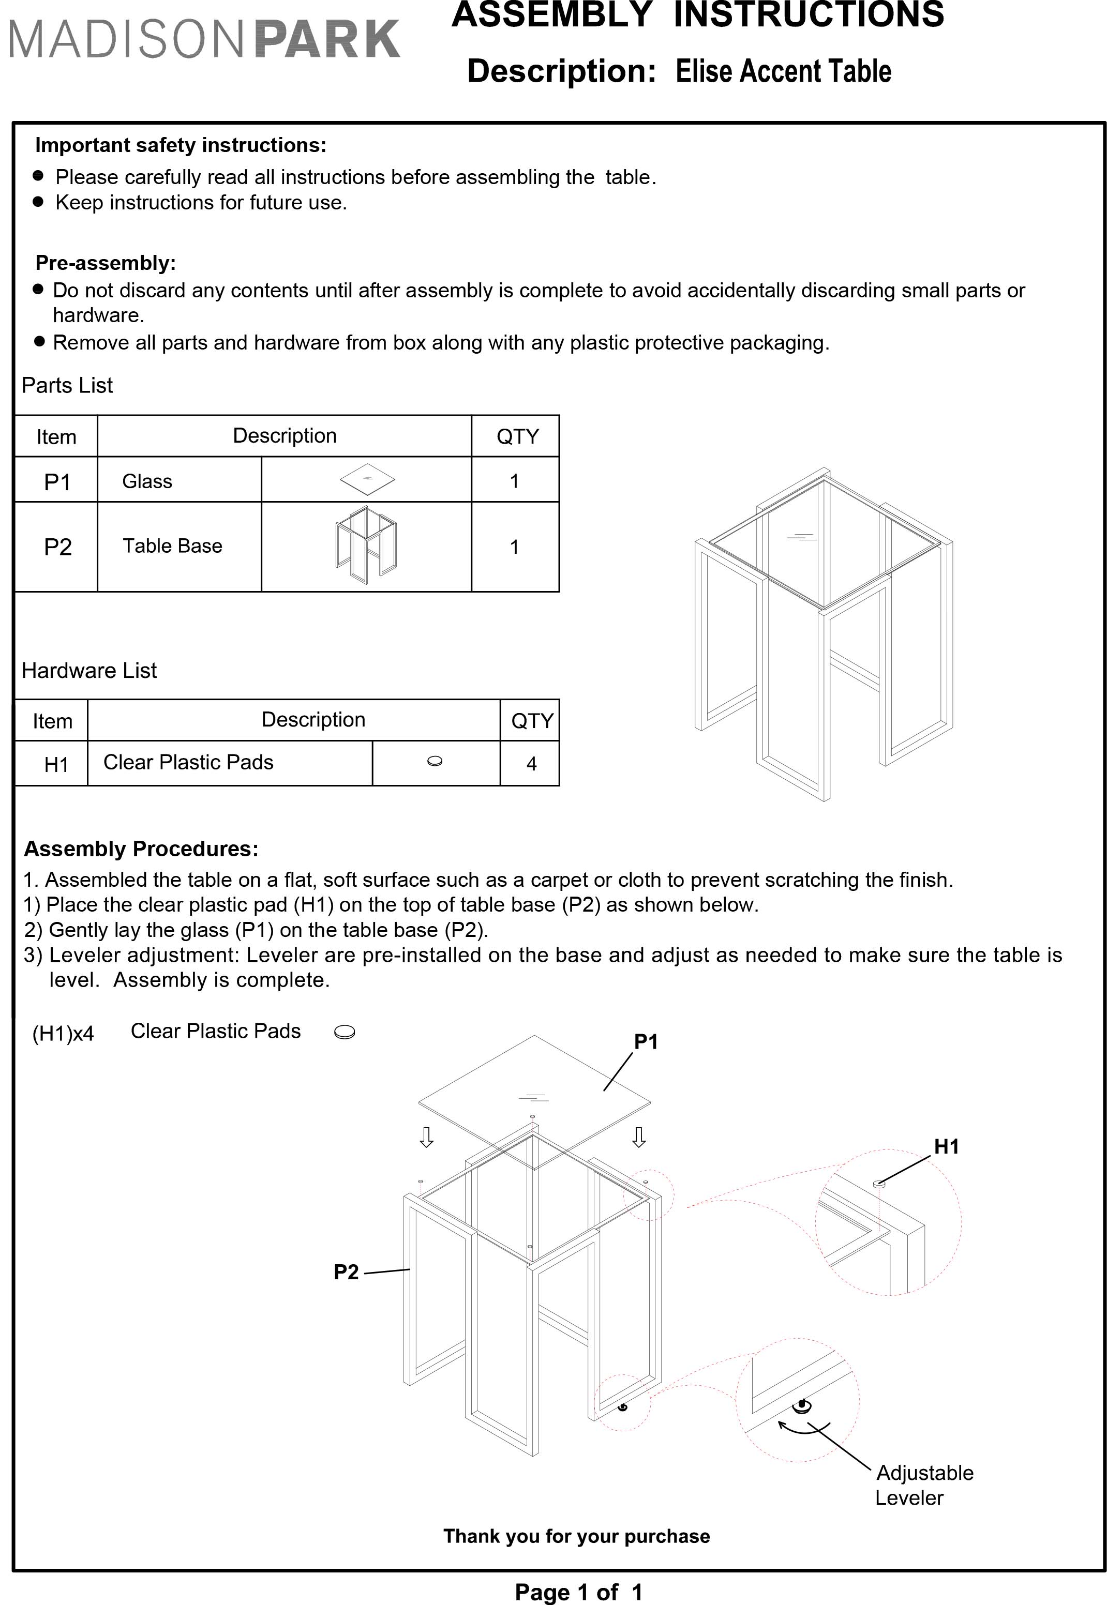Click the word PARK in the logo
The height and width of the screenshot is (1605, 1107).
pos(327,39)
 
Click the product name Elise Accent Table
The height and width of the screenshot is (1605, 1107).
pos(783,71)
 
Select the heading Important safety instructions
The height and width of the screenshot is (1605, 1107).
pos(181,145)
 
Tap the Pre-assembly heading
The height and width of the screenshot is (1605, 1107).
pos(106,263)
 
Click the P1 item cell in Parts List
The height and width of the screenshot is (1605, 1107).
pos(57,481)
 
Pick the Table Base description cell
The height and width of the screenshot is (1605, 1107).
pos(173,546)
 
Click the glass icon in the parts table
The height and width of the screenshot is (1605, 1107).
pos(367,478)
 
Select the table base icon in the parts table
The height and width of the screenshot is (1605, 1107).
pos(366,546)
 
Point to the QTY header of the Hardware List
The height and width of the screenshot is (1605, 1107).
pos(531,721)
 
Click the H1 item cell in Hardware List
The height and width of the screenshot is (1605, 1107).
pos(56,764)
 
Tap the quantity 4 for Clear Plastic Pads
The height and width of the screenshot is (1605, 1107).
pos(531,764)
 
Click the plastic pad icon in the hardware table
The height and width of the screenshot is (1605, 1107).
pos(435,761)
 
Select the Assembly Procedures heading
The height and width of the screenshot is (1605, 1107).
pos(141,849)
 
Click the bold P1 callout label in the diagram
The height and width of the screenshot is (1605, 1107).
pos(645,1041)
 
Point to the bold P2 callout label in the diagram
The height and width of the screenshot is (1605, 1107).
pos(346,1271)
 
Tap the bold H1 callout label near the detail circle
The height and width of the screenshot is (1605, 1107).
pos(946,1146)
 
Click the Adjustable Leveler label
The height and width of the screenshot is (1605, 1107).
pos(923,1485)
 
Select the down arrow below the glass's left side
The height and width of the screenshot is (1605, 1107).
pos(427,1137)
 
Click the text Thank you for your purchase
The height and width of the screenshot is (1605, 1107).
pos(576,1536)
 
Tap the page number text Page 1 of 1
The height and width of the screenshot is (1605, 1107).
pos(578,1592)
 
